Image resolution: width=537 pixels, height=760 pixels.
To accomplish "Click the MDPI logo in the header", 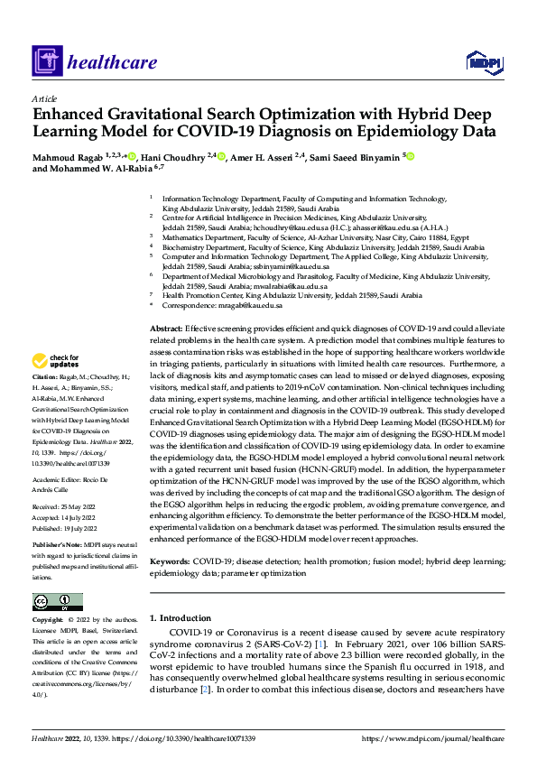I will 483,60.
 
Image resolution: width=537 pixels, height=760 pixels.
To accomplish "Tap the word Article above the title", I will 44,98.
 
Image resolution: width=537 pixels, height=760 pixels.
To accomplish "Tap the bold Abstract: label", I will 166,329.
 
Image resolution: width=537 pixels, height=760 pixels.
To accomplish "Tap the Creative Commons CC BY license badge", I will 57,602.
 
